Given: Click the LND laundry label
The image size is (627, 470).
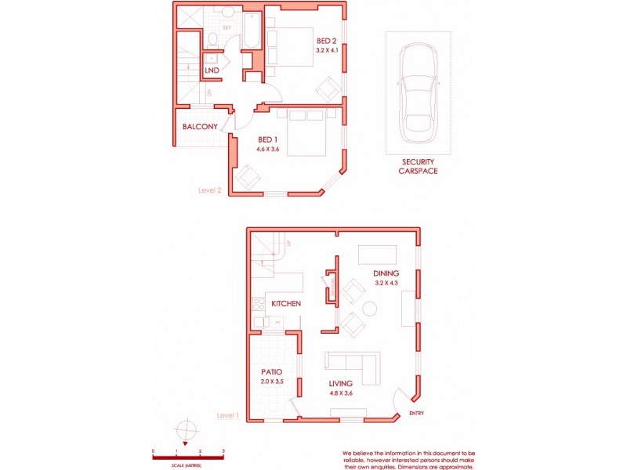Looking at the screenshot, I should [x=212, y=70].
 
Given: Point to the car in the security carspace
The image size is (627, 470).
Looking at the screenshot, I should [x=418, y=92].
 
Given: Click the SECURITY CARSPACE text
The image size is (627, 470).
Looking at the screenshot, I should [x=419, y=165].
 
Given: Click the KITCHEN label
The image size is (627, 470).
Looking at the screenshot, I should [x=286, y=303].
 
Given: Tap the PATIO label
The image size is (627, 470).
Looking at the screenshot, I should [x=270, y=371].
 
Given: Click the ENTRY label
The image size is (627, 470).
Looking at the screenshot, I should [x=416, y=414].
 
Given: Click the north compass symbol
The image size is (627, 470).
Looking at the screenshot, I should [x=186, y=432].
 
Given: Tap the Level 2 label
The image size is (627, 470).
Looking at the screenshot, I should [x=211, y=190].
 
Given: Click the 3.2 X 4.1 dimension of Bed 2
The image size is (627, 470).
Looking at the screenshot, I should [x=327, y=49].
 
